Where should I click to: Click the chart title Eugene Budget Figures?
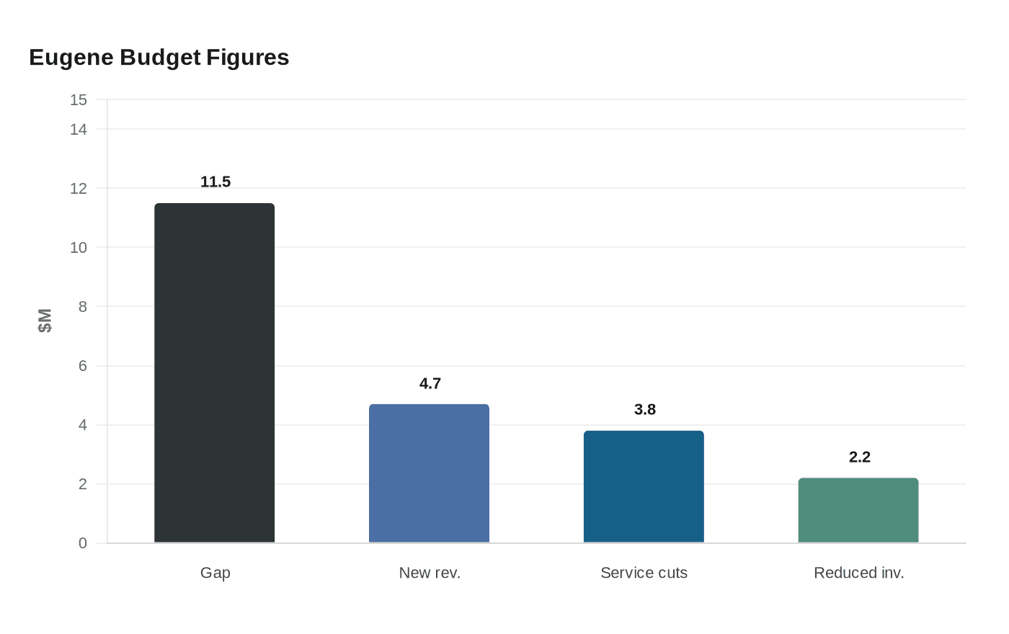coord(159,58)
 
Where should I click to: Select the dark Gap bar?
coord(215,373)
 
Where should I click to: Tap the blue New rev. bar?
coord(429,473)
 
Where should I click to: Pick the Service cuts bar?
coord(644,486)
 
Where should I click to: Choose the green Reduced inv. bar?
coord(858,510)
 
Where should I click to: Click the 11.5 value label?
coord(215,182)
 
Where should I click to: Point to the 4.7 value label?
coord(430,383)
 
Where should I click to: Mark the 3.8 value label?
coord(644,410)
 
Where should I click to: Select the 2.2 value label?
coord(859,457)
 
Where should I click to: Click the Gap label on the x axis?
coord(215,573)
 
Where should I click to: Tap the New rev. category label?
coord(430,573)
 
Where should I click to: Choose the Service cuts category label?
coord(644,573)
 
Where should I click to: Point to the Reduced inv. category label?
coord(858,573)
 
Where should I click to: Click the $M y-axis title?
coord(45,321)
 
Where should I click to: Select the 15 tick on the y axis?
coord(79,100)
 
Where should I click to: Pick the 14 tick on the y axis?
coord(79,130)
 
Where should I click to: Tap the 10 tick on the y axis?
coord(79,248)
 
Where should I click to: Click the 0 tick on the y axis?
coord(82,543)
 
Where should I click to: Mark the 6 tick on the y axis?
coord(82,366)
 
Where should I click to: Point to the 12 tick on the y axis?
coord(79,189)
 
